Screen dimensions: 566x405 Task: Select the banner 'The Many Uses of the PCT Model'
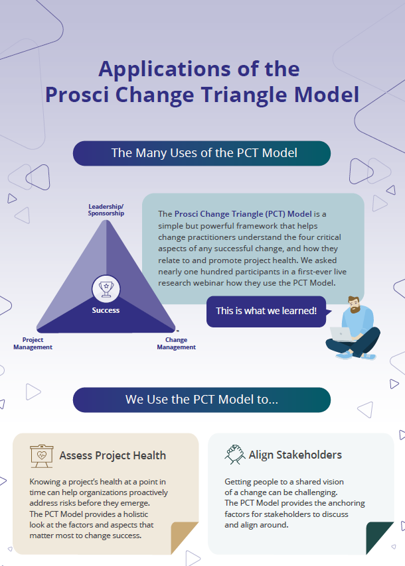pos(202,153)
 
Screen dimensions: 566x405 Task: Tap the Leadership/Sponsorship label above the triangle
pos(106,210)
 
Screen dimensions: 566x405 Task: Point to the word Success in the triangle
pos(106,310)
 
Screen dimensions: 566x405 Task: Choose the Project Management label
pos(33,343)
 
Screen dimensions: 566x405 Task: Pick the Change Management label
pos(176,343)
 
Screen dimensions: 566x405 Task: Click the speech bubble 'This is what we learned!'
pos(266,311)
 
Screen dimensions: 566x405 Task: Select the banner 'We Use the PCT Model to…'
pos(202,400)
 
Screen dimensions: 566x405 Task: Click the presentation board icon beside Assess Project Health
pos(41,455)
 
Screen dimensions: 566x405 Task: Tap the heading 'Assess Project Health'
pos(112,455)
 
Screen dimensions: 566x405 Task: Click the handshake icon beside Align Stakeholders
pos(234,455)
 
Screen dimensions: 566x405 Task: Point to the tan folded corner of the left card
pos(184,538)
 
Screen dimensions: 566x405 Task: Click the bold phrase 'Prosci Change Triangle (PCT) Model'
pos(242,214)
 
